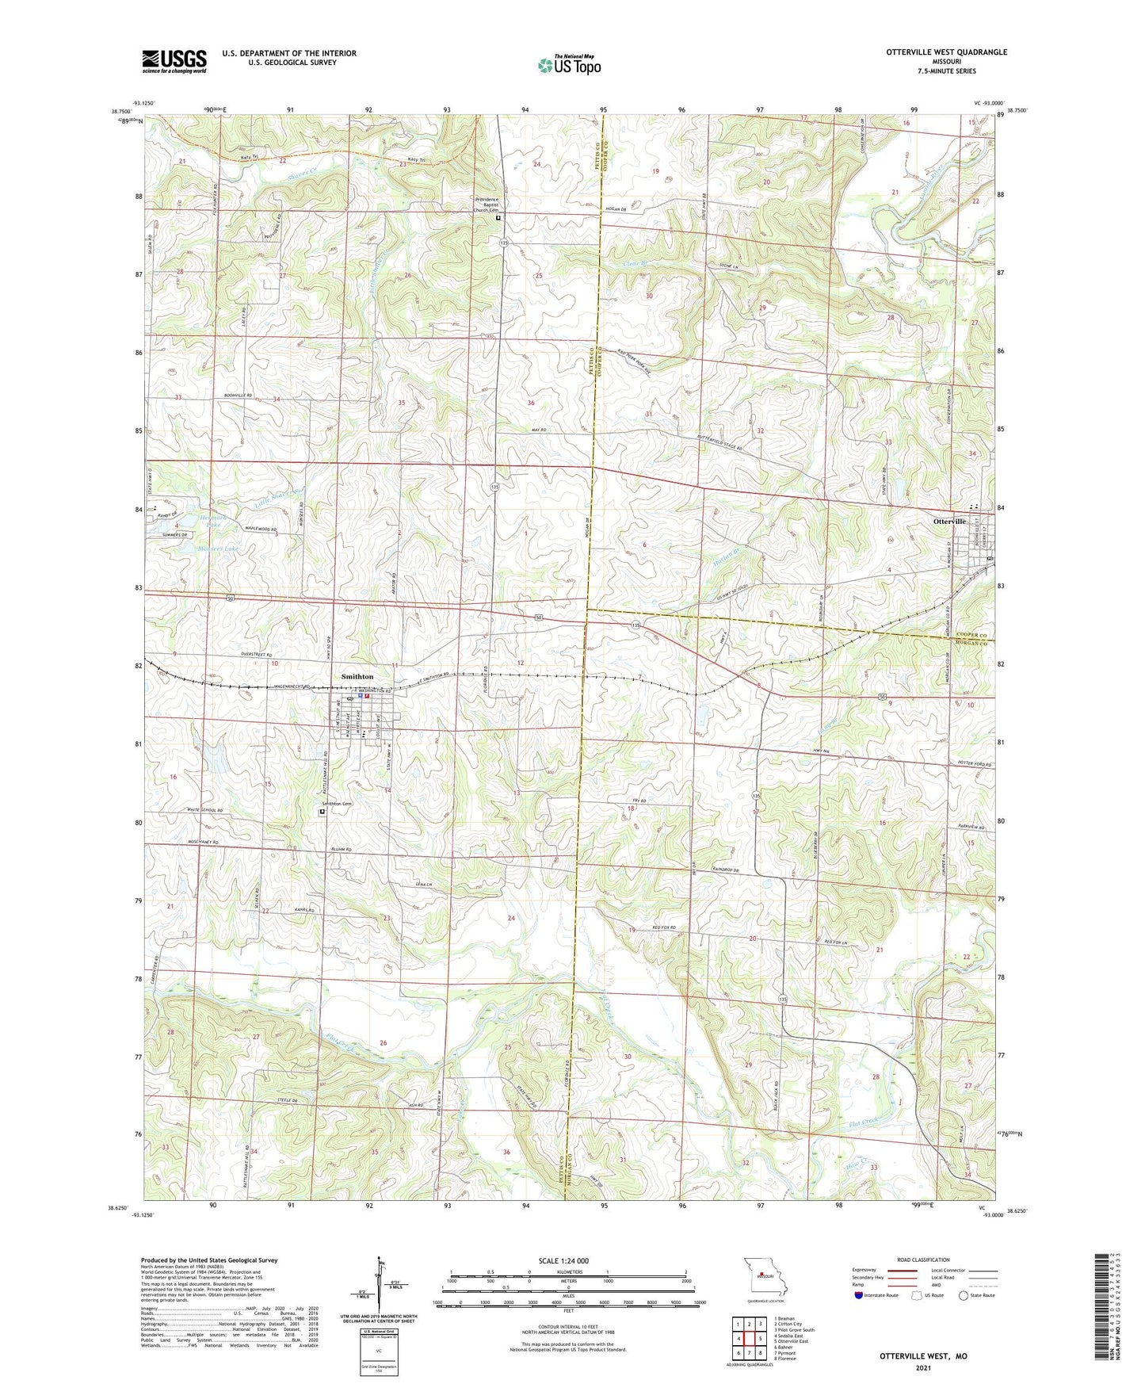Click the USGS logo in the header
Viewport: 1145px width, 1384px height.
(174, 61)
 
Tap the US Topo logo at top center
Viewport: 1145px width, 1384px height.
(569, 65)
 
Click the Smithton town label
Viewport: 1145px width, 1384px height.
(357, 676)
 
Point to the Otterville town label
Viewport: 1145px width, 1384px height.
(949, 522)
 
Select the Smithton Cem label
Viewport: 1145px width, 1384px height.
(336, 804)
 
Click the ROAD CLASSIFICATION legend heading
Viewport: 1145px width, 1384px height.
(923, 1260)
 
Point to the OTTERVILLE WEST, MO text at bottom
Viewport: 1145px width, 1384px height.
(922, 1356)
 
